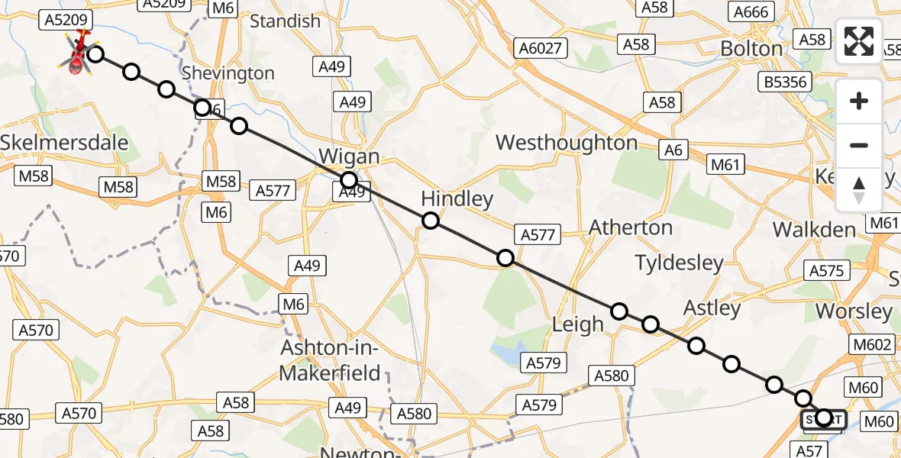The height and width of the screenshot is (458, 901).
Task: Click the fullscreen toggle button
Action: [859, 41]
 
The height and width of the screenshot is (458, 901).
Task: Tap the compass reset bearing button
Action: [859, 190]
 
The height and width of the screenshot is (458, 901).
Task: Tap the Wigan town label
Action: [349, 157]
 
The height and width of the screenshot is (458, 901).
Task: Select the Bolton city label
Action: [752, 49]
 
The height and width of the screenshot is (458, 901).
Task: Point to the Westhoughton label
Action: [567, 143]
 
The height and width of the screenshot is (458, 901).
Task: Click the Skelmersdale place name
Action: [64, 143]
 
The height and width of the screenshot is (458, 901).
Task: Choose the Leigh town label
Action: [577, 324]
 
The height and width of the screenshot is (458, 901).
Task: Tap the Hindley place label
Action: [457, 199]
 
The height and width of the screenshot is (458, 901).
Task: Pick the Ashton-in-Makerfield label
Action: [331, 360]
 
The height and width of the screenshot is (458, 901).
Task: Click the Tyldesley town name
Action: [679, 263]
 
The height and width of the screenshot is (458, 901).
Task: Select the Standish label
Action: [285, 21]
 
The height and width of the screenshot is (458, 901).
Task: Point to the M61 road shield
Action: [726, 164]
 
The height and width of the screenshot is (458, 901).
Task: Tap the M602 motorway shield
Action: [871, 344]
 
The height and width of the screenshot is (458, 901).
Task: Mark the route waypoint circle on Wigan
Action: [349, 181]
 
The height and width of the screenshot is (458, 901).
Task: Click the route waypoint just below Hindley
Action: [431, 221]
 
